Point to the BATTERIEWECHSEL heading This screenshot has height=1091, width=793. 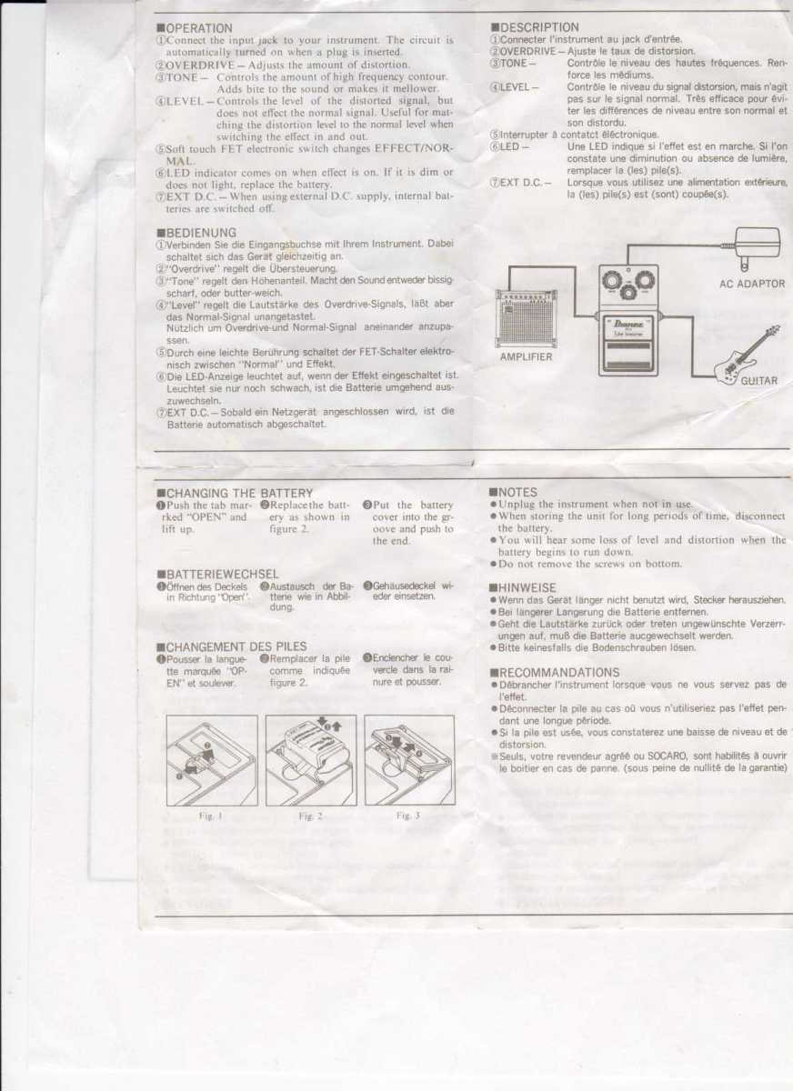point(217,574)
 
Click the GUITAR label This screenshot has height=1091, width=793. point(760,381)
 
